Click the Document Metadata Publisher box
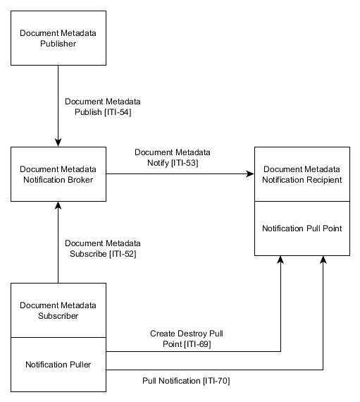tap(58, 39)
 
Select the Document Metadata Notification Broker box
tap(58, 173)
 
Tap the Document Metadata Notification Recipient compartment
tap(302, 174)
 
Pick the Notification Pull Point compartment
tap(302, 229)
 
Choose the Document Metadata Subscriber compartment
tap(58, 310)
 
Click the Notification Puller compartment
tap(58, 365)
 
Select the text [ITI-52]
tap(120, 253)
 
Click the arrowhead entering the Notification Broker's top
tap(58, 143)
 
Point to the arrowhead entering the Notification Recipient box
tap(250, 173)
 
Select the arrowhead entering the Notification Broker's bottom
tap(58, 205)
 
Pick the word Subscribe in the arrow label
tap(84, 253)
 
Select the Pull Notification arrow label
tap(186, 381)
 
